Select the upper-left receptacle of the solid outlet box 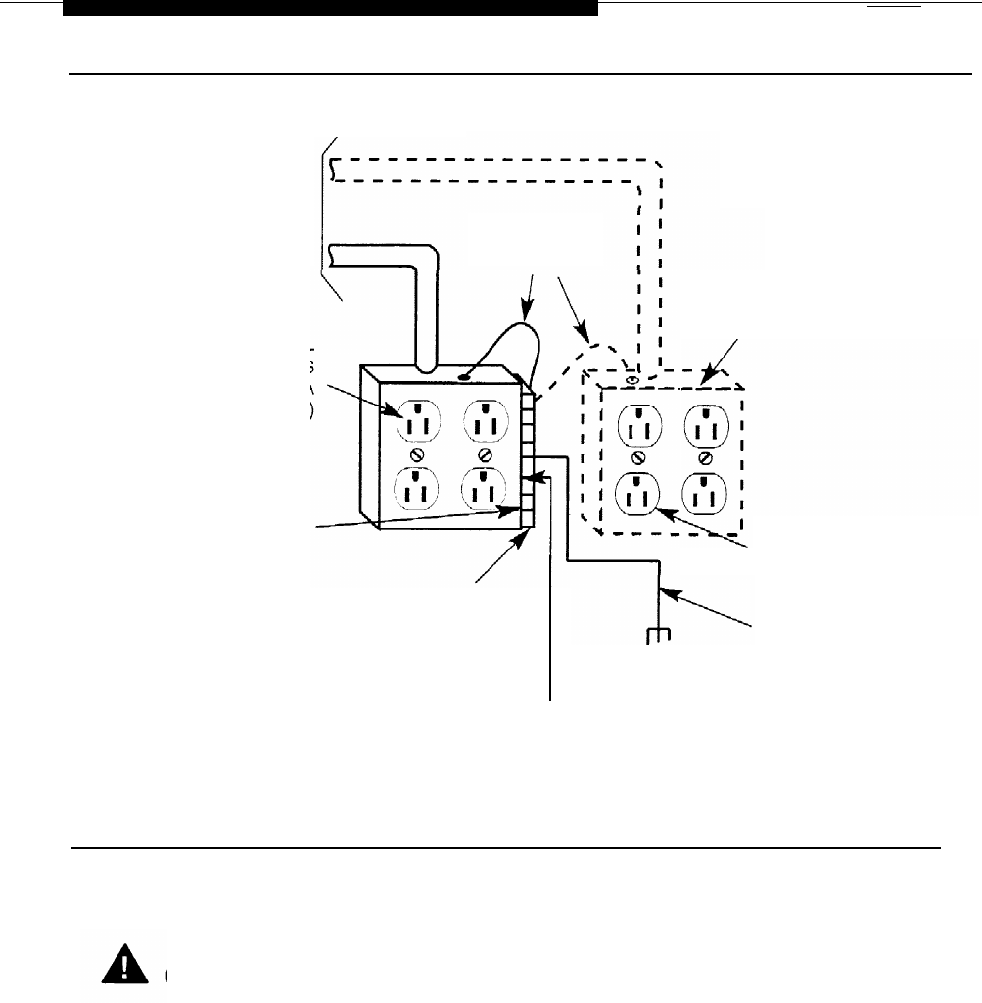pos(418,424)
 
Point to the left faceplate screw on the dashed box pos(639,458)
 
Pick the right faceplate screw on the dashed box pos(705,458)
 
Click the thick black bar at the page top pos(330,8)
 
